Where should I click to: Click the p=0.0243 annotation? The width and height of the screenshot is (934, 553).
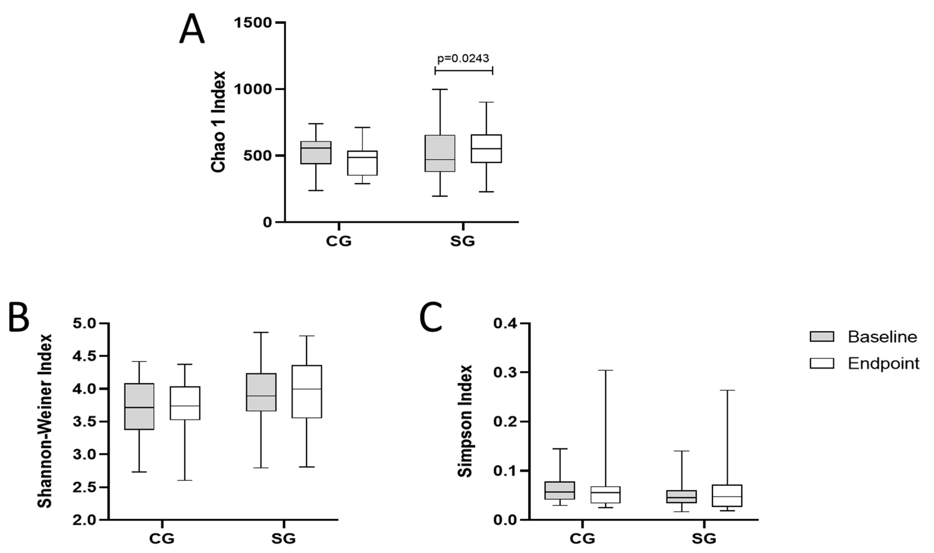(463, 59)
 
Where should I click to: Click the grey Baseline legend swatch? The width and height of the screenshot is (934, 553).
(822, 337)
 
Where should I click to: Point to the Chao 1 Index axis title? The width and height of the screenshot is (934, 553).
(219, 122)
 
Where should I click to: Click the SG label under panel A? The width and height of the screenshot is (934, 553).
(462, 241)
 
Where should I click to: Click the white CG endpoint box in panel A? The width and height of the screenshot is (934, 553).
(362, 163)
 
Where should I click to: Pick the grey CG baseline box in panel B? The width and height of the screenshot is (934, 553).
(139, 406)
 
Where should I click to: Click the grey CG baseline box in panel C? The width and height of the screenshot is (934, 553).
(560, 490)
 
